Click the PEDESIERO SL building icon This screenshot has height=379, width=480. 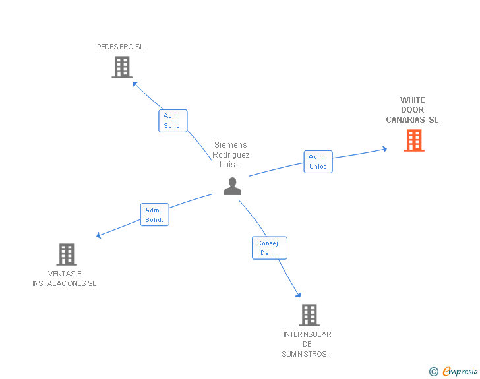(122, 67)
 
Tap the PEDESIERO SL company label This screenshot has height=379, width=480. (120, 47)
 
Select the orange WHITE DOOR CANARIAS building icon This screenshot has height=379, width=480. (414, 140)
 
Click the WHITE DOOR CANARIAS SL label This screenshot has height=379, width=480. (412, 110)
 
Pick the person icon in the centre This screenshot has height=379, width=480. (232, 187)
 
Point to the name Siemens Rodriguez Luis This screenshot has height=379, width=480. (231, 155)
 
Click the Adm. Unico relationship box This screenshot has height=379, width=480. (318, 161)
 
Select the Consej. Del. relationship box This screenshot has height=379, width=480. (270, 248)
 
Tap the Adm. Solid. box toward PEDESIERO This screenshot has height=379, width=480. (173, 121)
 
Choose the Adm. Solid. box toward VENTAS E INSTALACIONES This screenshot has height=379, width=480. (154, 215)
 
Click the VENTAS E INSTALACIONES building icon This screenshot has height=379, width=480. (66, 254)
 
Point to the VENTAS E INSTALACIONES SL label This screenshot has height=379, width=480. (65, 279)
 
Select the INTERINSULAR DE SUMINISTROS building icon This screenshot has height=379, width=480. (309, 315)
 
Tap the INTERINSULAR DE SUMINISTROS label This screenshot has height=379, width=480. (307, 344)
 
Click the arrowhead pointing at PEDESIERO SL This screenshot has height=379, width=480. (135, 83)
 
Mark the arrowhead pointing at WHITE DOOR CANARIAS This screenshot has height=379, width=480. (384, 150)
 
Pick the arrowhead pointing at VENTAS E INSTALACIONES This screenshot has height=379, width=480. (99, 235)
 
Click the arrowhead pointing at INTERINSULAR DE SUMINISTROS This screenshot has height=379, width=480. (299, 295)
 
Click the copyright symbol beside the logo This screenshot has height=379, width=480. (433, 372)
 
